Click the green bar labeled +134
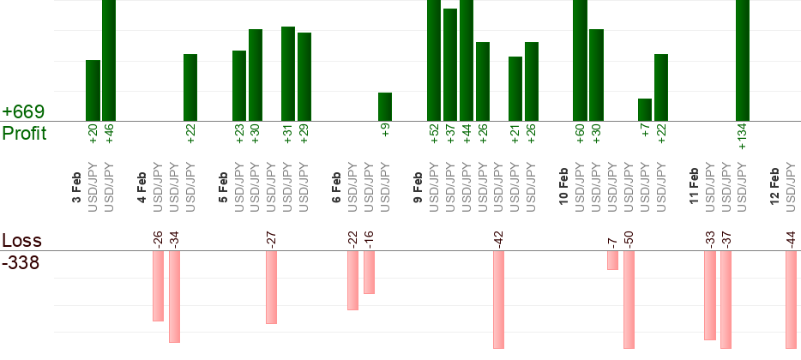point(743,60)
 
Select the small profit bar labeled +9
point(385,106)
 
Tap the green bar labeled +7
point(645,110)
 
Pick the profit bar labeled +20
point(93,90)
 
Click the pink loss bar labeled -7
point(612,260)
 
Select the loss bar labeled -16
point(369,272)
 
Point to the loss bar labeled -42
point(498,299)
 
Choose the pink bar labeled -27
point(271,287)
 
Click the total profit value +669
point(23,112)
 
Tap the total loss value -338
point(21,262)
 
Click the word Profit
point(25,134)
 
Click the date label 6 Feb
point(337,188)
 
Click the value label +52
point(434,135)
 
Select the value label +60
point(580,135)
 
